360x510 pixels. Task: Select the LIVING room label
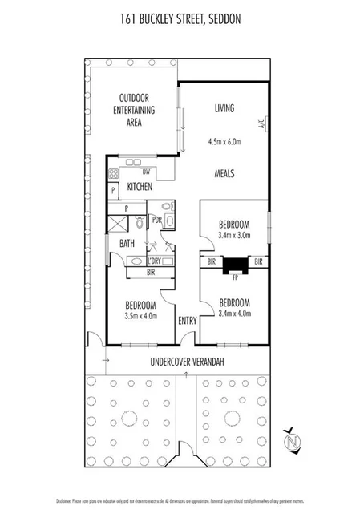[x=224, y=108]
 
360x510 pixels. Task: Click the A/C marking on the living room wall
[x=261, y=125]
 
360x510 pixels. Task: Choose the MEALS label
[x=224, y=172]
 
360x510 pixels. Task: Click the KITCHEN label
[x=140, y=187]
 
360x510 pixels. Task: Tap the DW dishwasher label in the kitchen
[x=146, y=172]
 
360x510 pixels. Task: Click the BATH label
[x=127, y=243]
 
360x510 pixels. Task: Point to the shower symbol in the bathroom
[x=119, y=222]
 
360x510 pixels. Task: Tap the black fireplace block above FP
[x=235, y=265]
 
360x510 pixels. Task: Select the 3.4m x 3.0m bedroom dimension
[x=235, y=236]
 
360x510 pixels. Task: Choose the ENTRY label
[x=187, y=321]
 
